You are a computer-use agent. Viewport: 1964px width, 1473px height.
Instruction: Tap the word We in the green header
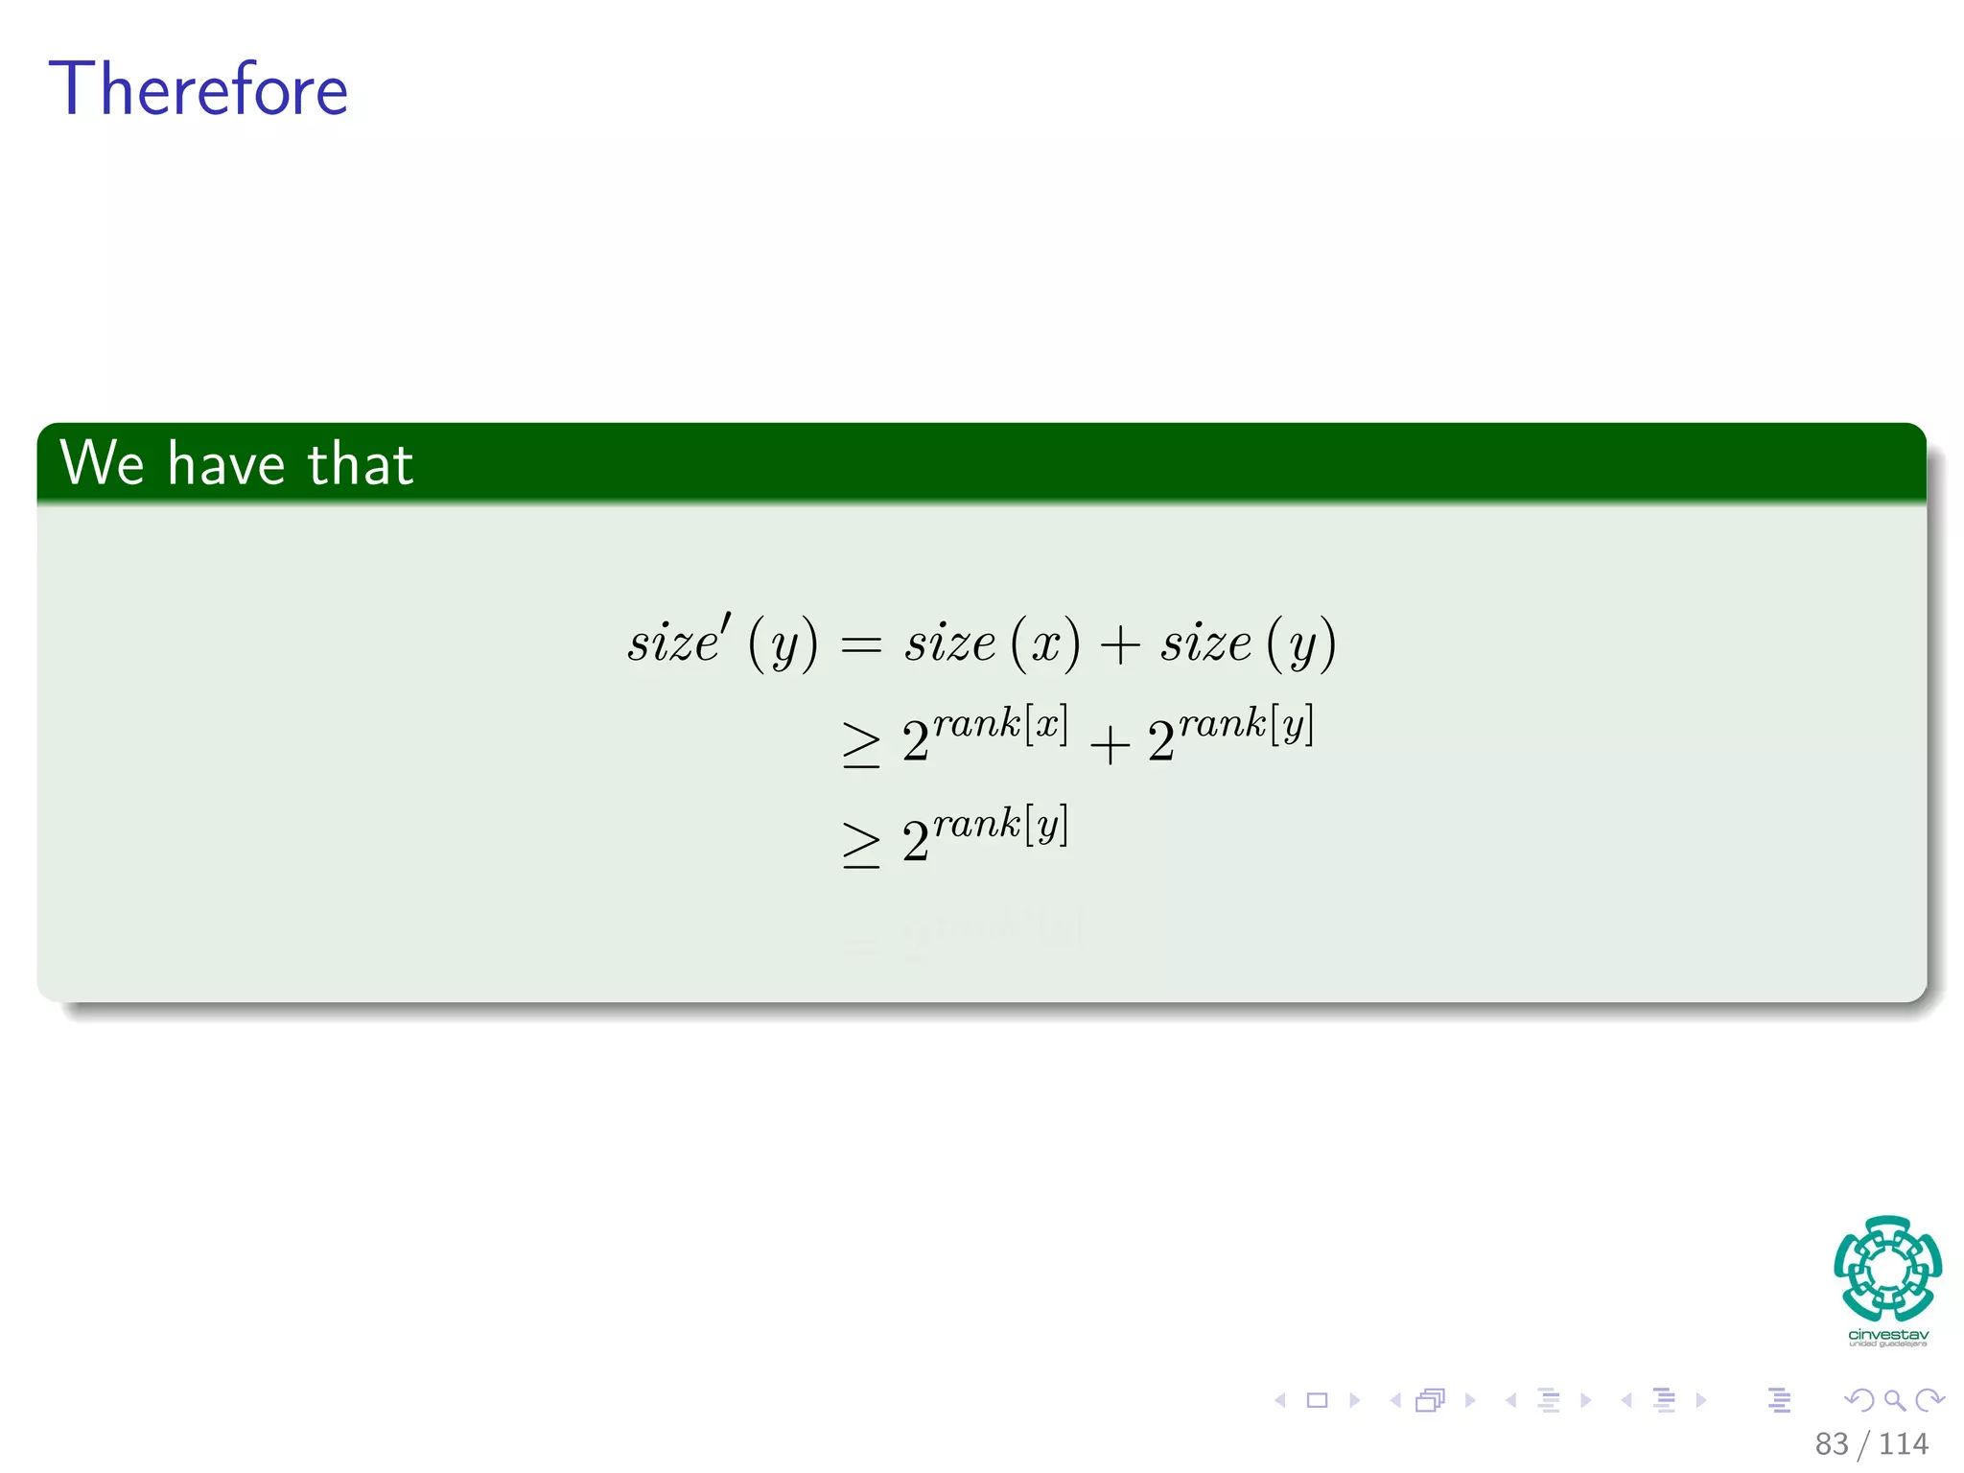tap(102, 463)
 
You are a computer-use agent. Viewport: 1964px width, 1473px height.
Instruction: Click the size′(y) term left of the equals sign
tap(723, 643)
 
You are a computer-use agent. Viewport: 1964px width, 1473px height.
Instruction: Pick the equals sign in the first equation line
tap(860, 645)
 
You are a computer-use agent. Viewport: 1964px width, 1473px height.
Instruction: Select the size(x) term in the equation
tap(992, 643)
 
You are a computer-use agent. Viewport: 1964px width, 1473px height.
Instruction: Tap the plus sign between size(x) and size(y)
tap(1119, 644)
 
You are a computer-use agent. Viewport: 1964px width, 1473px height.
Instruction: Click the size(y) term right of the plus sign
tap(1248, 643)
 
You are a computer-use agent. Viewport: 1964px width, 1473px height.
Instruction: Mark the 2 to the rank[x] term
tap(984, 735)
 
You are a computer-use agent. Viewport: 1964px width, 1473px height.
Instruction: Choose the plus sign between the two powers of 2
tap(1110, 745)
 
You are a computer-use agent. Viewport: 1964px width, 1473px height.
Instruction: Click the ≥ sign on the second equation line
tap(860, 745)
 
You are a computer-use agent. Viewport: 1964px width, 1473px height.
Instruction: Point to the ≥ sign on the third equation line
tap(860, 845)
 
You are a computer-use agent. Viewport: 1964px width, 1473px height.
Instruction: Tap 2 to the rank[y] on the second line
tap(1230, 735)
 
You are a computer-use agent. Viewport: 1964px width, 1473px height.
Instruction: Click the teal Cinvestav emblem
tap(1887, 1268)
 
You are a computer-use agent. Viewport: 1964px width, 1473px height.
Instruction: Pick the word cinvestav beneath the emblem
tap(1887, 1335)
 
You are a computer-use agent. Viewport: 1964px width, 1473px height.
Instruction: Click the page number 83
tap(1831, 1443)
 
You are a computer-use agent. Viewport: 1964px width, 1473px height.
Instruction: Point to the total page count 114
tap(1903, 1443)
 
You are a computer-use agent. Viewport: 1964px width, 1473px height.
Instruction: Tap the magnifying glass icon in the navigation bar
tap(1894, 1400)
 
